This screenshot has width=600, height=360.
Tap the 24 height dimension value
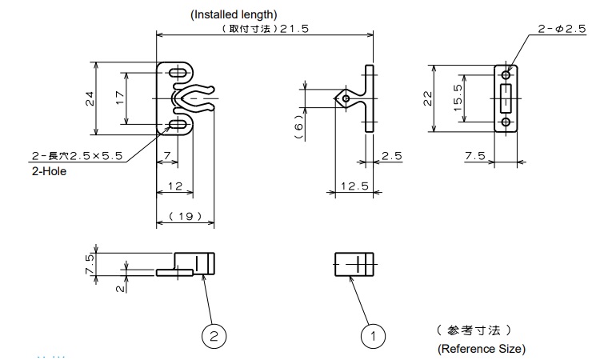[90, 98]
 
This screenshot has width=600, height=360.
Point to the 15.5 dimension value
[457, 98]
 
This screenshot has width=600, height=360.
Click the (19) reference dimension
[185, 217]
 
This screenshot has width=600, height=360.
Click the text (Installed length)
[234, 14]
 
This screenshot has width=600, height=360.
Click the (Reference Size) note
[482, 349]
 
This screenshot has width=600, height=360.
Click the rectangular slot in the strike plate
[506, 98]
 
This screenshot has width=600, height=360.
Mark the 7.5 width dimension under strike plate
[475, 156]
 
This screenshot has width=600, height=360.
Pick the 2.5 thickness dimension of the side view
[392, 156]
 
